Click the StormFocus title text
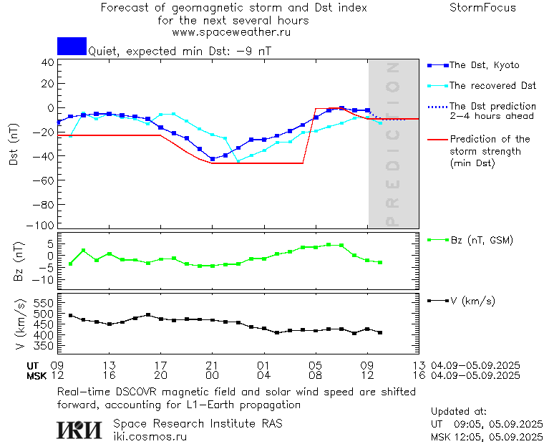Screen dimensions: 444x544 pos(482,8)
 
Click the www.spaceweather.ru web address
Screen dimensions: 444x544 pos(231,32)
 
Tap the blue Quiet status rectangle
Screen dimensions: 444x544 pos(72,46)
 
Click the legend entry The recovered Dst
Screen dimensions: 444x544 pos(492,86)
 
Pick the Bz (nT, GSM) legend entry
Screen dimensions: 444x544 pos(480,240)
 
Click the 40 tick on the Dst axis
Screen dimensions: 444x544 pos(47,62)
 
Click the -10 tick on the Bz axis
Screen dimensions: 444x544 pos(44,278)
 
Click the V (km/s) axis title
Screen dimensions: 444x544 pos(21,326)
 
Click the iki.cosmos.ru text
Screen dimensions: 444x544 pos(150,435)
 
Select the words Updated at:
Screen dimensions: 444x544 pos(458,412)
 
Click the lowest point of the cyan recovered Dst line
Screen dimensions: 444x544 pos(238,161)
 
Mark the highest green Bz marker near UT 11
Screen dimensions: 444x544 pos(83,251)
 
